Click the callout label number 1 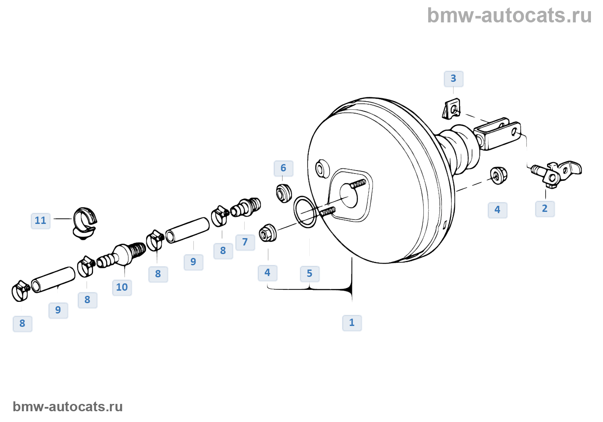coord(352,323)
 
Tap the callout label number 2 coord(545,209)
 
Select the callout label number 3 coord(454,79)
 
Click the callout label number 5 coord(310,273)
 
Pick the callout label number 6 coord(283,168)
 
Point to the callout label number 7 coord(245,242)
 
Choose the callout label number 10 coord(122,287)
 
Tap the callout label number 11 coord(40,220)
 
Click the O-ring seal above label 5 coord(305,212)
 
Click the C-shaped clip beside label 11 coord(85,222)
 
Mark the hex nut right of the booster coord(498,175)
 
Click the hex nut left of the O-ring coord(268,233)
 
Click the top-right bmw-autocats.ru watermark coord(509,16)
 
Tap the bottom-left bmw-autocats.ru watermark coord(68,406)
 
